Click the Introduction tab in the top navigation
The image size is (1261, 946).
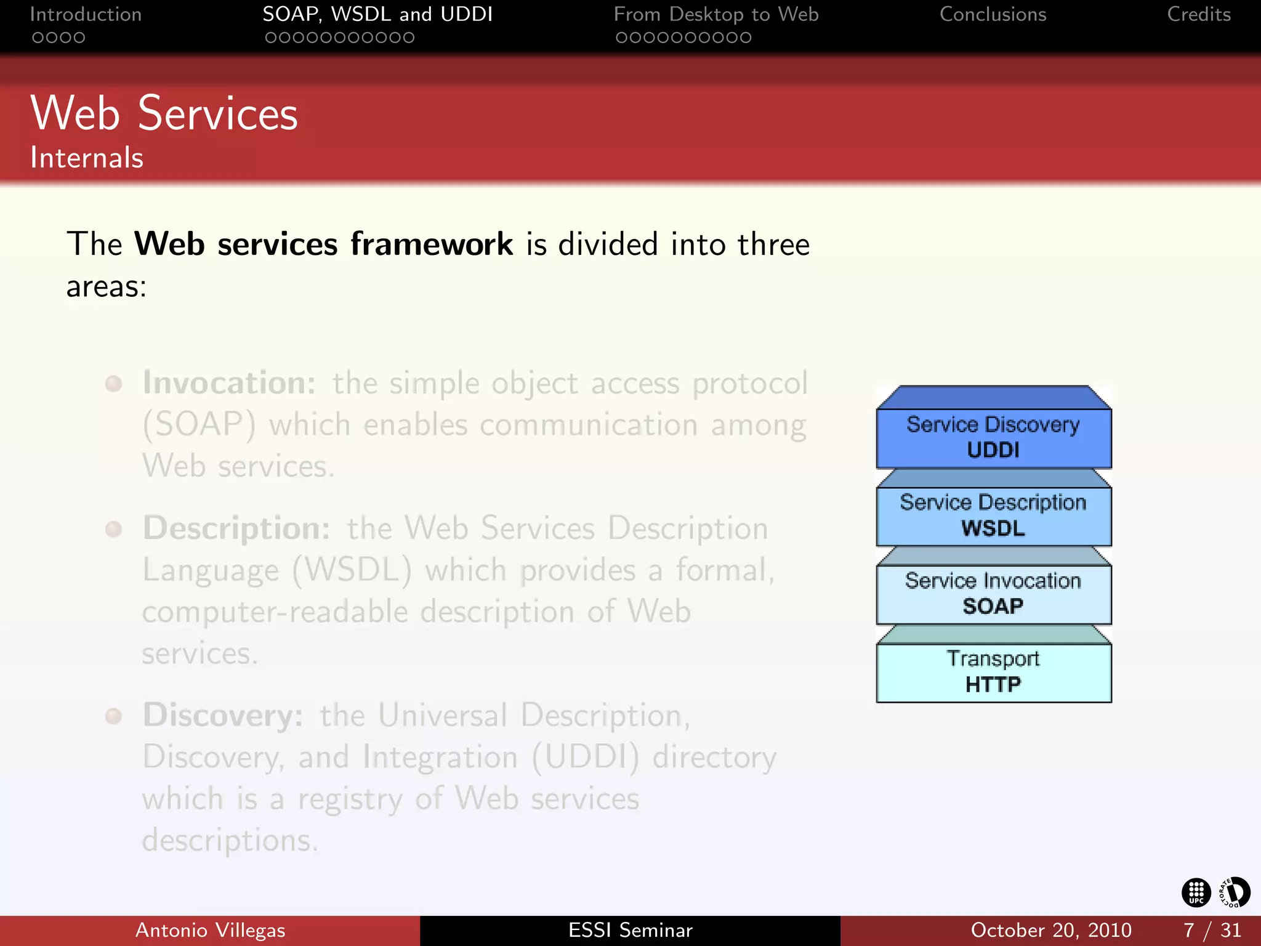point(86,14)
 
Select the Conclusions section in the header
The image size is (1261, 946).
point(993,14)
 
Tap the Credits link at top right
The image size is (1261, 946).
point(1198,14)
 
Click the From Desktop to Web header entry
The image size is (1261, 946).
point(716,14)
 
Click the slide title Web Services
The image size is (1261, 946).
point(164,114)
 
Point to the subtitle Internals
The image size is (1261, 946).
point(87,158)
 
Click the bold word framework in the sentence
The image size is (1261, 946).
point(431,244)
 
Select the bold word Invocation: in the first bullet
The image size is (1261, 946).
point(229,383)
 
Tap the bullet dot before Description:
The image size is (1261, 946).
point(113,529)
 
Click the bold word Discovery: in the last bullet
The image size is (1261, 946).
point(223,716)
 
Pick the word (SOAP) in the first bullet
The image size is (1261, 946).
point(199,425)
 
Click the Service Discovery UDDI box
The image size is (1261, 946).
point(993,437)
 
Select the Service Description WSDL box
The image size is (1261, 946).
point(993,515)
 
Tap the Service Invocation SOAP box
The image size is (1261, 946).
point(993,594)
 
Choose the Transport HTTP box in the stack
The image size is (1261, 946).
point(993,672)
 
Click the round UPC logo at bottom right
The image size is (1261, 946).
point(1196,892)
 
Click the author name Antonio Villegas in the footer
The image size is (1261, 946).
point(210,930)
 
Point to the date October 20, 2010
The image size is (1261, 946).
point(1050,930)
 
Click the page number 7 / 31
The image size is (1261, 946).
point(1212,930)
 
